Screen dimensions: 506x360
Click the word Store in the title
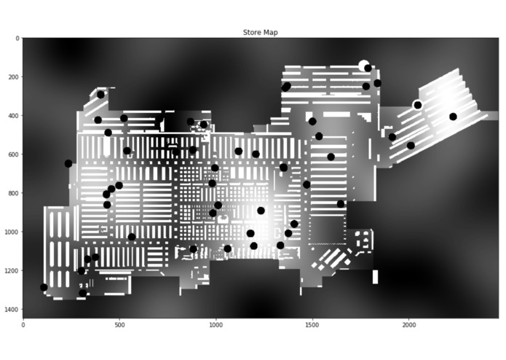tap(250, 32)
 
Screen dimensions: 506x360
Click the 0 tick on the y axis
tap(17, 38)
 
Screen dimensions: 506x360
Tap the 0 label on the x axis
tap(23, 324)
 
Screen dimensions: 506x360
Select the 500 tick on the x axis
tap(119, 324)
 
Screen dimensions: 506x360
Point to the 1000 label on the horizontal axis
tap(216, 324)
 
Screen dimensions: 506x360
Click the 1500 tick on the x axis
tap(312, 324)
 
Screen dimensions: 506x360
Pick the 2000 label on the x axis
tap(409, 324)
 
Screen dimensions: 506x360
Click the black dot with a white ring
tap(418, 105)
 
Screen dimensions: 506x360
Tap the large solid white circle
tap(363, 65)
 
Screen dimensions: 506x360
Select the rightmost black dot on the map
tap(453, 117)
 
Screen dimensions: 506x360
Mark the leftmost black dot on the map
tap(44, 287)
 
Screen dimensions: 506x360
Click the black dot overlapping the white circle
tap(368, 68)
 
